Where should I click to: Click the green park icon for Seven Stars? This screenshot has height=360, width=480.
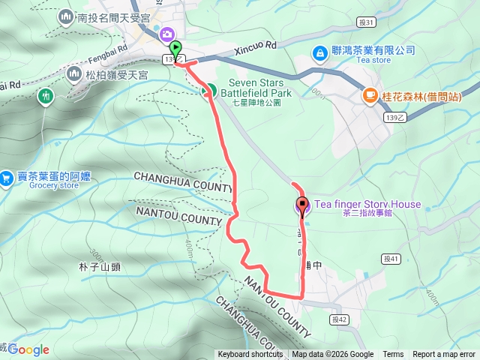pos(209,91)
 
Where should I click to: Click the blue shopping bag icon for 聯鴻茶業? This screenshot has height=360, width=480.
pos(319,52)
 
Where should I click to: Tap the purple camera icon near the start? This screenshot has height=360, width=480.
pos(166,34)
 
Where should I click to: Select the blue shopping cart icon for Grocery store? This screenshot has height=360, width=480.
pos(6,177)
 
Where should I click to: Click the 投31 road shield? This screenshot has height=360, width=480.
pos(366,23)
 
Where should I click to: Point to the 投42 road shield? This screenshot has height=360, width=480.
pos(340,319)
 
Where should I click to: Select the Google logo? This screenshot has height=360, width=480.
pos(28,349)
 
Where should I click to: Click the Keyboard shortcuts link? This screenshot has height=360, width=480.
pos(250,355)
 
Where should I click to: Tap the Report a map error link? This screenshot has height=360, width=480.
pos(444,355)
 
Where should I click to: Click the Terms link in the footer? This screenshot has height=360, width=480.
pos(393,355)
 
